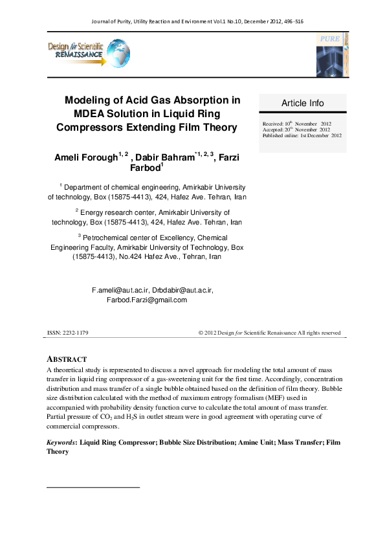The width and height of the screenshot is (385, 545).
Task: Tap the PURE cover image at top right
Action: tap(331, 54)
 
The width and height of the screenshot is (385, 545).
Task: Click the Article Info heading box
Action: tap(302, 104)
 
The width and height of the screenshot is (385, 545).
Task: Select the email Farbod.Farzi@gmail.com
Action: tap(147, 300)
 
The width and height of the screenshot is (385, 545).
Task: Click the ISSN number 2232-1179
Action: tap(76, 333)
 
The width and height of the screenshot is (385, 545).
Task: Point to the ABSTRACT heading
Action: tap(67, 359)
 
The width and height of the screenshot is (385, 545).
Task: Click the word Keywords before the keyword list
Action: tap(60, 443)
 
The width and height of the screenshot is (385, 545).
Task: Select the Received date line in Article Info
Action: tap(296, 124)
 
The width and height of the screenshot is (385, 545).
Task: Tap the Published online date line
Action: tap(302, 135)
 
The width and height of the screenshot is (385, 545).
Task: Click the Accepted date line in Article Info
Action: tap(296, 129)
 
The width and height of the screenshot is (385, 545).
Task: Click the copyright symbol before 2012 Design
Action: tap(200, 333)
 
